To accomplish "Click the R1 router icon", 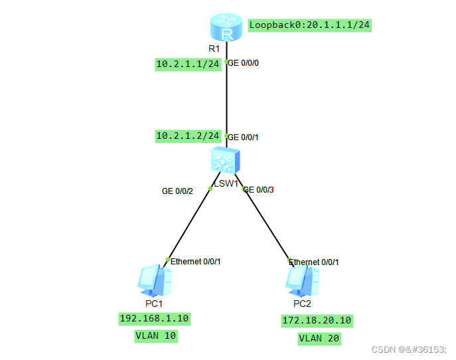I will click(x=226, y=29).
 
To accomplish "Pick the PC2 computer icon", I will click(x=302, y=281).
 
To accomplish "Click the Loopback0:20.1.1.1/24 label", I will click(x=309, y=25).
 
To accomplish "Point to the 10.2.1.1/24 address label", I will click(x=188, y=64).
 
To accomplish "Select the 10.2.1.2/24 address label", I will click(x=188, y=135).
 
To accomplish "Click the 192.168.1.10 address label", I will click(x=154, y=319).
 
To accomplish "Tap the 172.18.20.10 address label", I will click(x=317, y=321).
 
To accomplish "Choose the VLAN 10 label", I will click(x=156, y=336).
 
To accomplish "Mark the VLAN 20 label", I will click(x=319, y=339).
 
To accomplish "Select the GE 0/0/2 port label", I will click(x=177, y=191).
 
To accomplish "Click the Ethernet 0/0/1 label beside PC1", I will click(x=195, y=261).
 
